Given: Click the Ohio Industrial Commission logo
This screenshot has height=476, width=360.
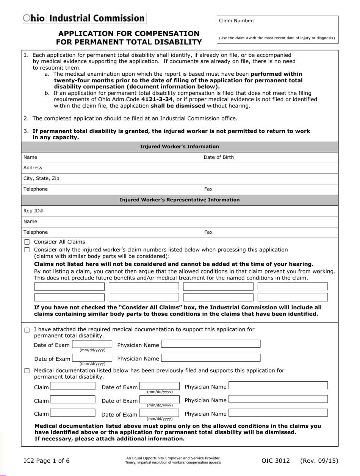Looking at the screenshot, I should [x=84, y=18].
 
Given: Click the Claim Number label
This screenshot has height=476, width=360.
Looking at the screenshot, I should [x=236, y=21].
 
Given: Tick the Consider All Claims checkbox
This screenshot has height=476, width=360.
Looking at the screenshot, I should [x=27, y=242].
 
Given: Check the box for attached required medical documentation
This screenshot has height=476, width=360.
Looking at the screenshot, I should [x=27, y=330].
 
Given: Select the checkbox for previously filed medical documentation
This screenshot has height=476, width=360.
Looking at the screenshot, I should [x=27, y=371].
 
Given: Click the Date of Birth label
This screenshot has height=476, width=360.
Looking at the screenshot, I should [x=219, y=157].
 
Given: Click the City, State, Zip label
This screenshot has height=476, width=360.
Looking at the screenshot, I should [x=41, y=178].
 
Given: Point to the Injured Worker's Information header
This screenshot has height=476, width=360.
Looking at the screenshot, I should [x=180, y=147].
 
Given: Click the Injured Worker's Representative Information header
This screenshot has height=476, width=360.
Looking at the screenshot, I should [x=180, y=200].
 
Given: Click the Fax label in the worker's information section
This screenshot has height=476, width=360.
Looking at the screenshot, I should [x=208, y=189].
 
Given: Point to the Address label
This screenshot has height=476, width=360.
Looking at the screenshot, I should [x=33, y=168].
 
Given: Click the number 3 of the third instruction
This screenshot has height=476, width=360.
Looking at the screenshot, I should [x=25, y=131].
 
